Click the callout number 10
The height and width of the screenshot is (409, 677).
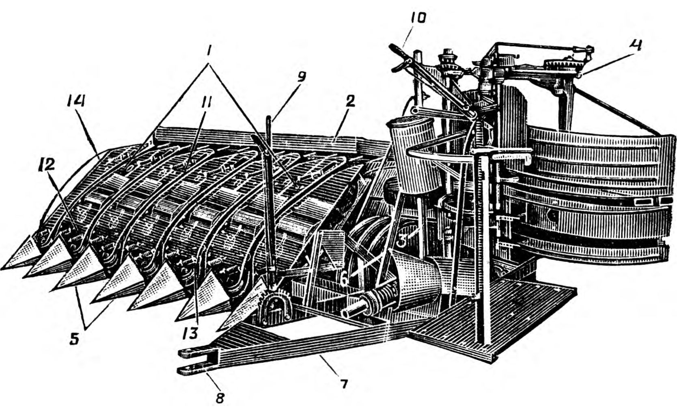pos(418,19)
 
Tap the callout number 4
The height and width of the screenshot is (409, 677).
pos(635,45)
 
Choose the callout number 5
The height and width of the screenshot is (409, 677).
pos(73,339)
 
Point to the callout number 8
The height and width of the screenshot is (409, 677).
pos(220,397)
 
